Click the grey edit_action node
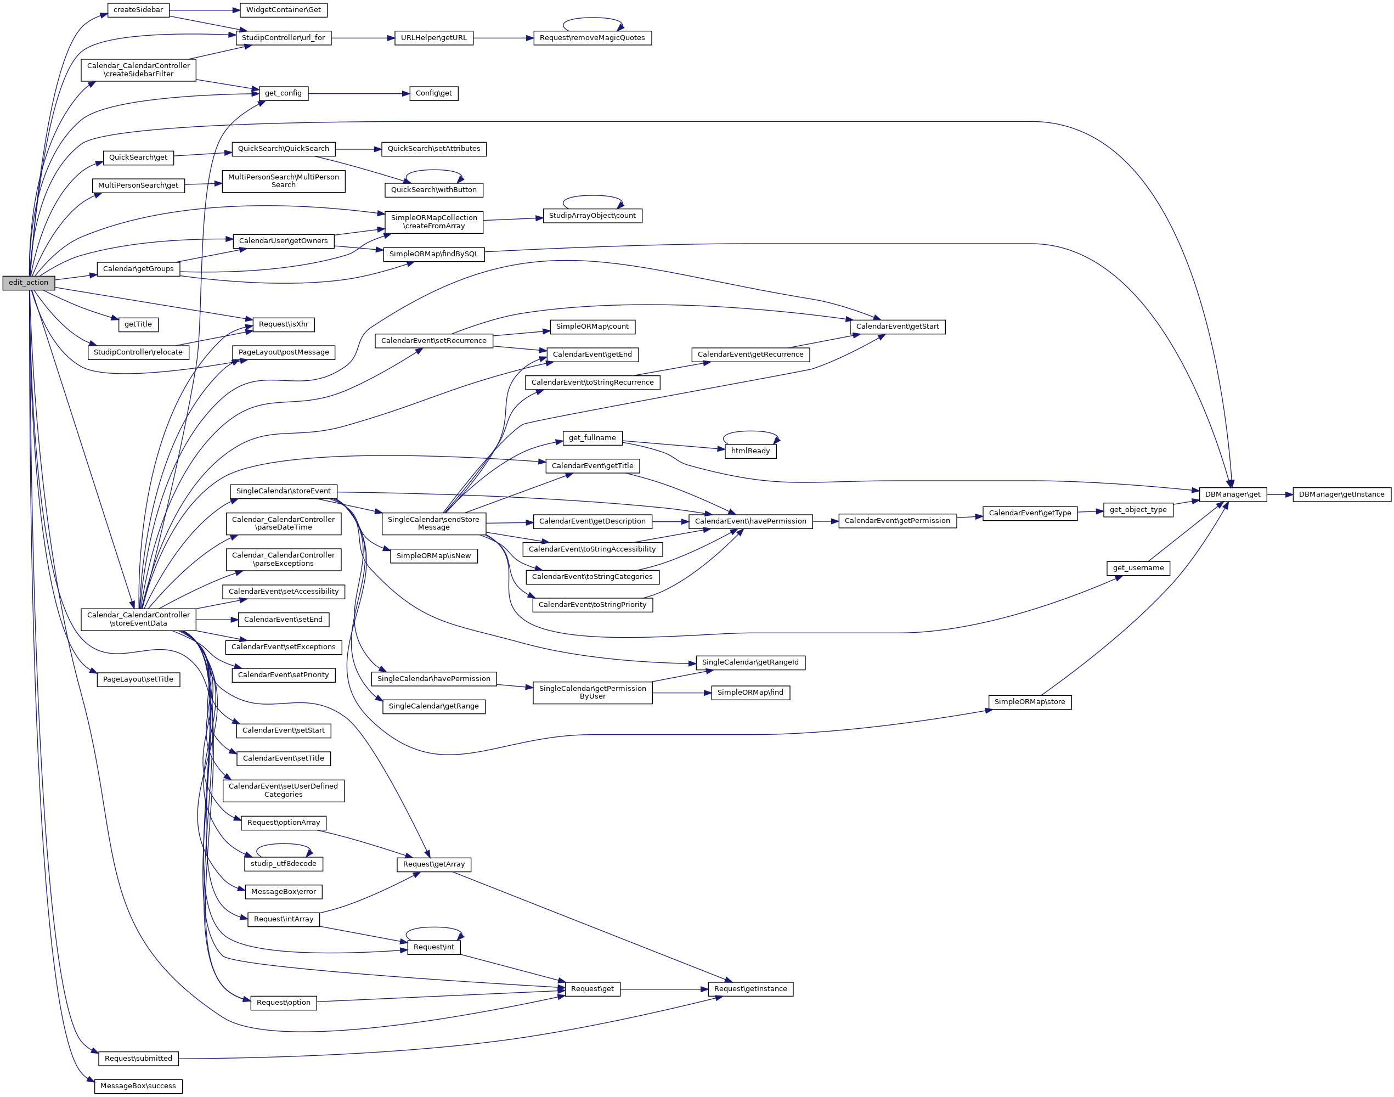(28, 283)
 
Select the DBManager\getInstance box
(1341, 494)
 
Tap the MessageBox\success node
(138, 1086)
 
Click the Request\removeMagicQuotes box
(592, 38)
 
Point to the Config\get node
(433, 93)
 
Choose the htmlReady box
(750, 451)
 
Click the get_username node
(1138, 568)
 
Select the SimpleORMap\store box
(1029, 702)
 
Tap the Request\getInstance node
(750, 989)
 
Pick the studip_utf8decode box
(283, 864)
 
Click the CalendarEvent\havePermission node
(750, 521)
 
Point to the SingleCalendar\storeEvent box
(283, 491)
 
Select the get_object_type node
(1138, 510)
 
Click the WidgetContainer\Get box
(283, 10)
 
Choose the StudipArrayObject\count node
(592, 216)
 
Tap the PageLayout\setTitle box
(138, 679)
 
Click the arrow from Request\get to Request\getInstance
(664, 989)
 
